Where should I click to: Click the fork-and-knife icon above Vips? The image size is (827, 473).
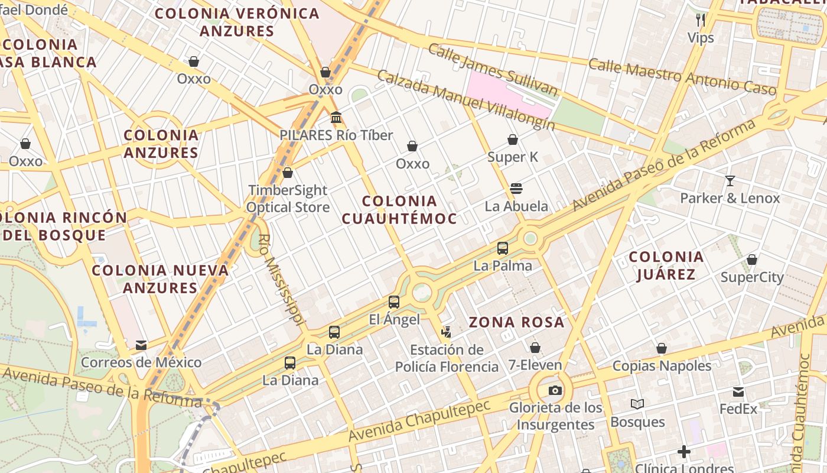(x=701, y=20)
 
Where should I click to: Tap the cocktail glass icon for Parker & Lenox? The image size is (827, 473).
(x=730, y=180)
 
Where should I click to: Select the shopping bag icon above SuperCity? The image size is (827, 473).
(x=752, y=260)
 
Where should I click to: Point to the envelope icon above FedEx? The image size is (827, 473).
(x=738, y=391)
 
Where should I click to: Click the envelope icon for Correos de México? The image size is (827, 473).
(x=141, y=345)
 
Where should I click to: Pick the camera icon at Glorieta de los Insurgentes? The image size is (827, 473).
(x=555, y=390)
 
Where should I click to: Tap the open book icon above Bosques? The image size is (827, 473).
(x=637, y=404)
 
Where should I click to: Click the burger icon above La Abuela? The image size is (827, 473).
(x=516, y=189)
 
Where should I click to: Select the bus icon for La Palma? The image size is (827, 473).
(x=503, y=248)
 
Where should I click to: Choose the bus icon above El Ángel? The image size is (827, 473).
(x=394, y=302)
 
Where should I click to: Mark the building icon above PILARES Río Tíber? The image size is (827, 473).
(x=336, y=118)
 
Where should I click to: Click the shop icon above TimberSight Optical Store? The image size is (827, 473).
(x=288, y=173)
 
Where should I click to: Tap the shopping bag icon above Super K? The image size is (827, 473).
(x=513, y=140)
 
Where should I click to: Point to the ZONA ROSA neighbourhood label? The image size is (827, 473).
(x=517, y=322)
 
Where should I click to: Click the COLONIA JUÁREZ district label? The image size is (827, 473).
(x=666, y=265)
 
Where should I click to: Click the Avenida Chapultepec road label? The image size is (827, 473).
(x=419, y=420)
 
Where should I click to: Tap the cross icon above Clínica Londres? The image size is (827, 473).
(x=684, y=452)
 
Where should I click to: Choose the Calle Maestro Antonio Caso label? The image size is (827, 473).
(x=682, y=76)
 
